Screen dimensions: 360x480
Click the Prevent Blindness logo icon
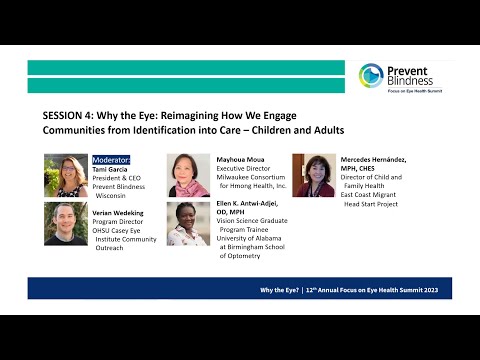click(371, 76)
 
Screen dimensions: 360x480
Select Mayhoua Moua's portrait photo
click(188, 175)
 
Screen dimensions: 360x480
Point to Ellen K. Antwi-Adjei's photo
click(188, 223)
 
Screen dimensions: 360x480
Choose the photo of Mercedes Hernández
click(313, 175)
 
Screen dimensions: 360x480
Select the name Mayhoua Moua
click(240, 158)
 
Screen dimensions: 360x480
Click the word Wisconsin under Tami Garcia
click(119, 197)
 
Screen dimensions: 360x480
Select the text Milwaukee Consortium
click(251, 177)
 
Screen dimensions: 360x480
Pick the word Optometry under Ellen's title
click(240, 256)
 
